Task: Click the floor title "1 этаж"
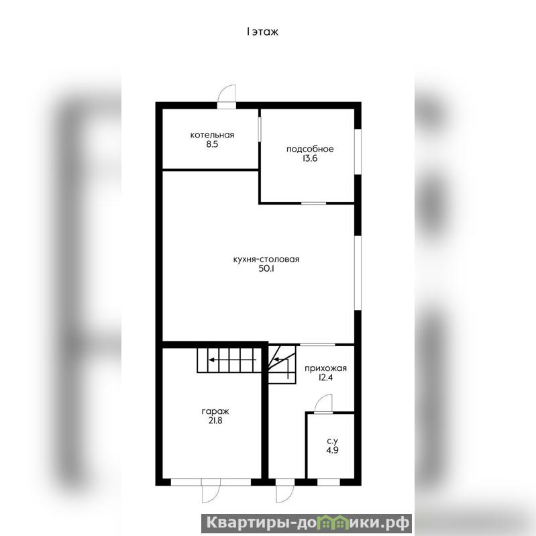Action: [262, 32]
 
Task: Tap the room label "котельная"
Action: [212, 135]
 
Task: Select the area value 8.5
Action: [212, 144]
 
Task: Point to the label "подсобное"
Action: [310, 149]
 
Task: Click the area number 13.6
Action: [310, 158]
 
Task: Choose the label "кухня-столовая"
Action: [266, 260]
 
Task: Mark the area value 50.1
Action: [266, 269]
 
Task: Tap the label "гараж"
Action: [215, 412]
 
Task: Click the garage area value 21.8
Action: [215, 421]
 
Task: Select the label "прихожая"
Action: [326, 368]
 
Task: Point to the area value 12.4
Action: [325, 378]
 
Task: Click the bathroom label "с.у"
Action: [332, 441]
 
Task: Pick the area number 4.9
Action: [332, 451]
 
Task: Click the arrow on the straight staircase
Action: [233, 360]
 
